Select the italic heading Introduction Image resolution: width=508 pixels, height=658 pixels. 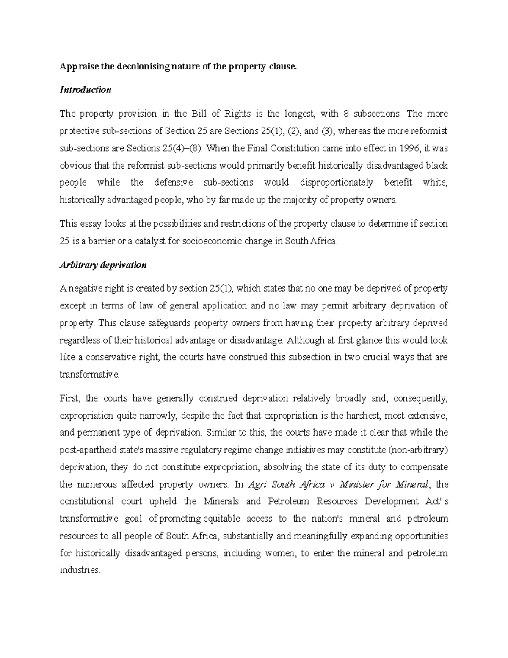[86, 90]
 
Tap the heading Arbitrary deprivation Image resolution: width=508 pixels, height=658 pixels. [103, 265]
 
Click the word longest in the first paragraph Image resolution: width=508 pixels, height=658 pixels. [299, 114]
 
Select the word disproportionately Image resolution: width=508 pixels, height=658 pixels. [336, 183]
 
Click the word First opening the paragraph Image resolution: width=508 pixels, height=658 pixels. [69, 398]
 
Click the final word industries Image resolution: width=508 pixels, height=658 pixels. [80, 570]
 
